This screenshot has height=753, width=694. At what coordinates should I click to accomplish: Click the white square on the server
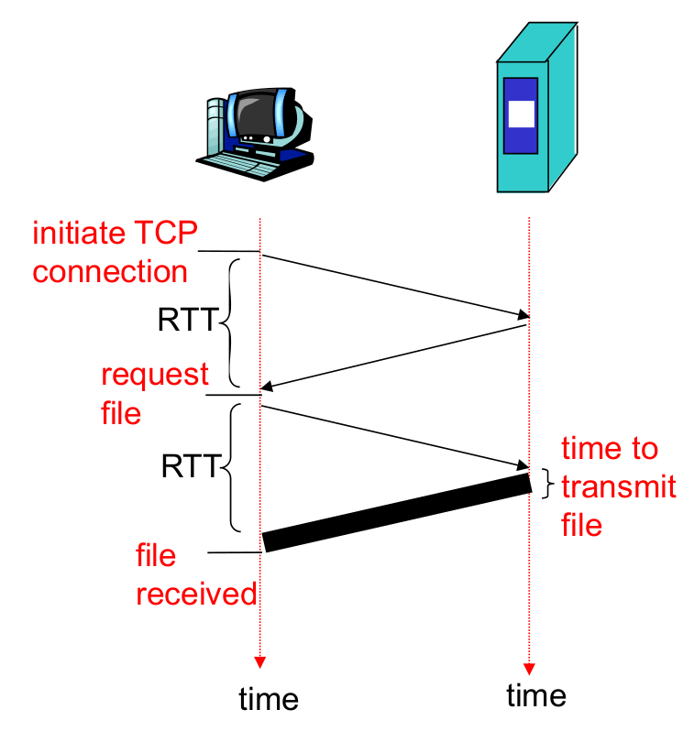tap(520, 115)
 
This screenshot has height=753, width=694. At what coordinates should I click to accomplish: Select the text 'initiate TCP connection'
tap(114, 252)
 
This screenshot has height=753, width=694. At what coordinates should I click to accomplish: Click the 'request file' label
tap(154, 393)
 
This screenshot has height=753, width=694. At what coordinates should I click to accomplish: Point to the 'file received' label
tap(195, 574)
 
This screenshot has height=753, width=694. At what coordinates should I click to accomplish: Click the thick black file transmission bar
tap(396, 512)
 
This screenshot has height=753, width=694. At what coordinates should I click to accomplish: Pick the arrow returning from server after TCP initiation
tap(394, 355)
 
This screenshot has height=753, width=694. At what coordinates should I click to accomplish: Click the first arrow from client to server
tap(394, 283)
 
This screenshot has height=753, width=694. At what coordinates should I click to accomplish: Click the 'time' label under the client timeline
tap(269, 699)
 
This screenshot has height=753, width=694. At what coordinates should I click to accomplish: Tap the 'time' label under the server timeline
tap(536, 695)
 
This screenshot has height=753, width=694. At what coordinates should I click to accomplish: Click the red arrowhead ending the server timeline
tap(529, 667)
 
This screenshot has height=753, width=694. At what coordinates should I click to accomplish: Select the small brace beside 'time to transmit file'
tap(547, 484)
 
